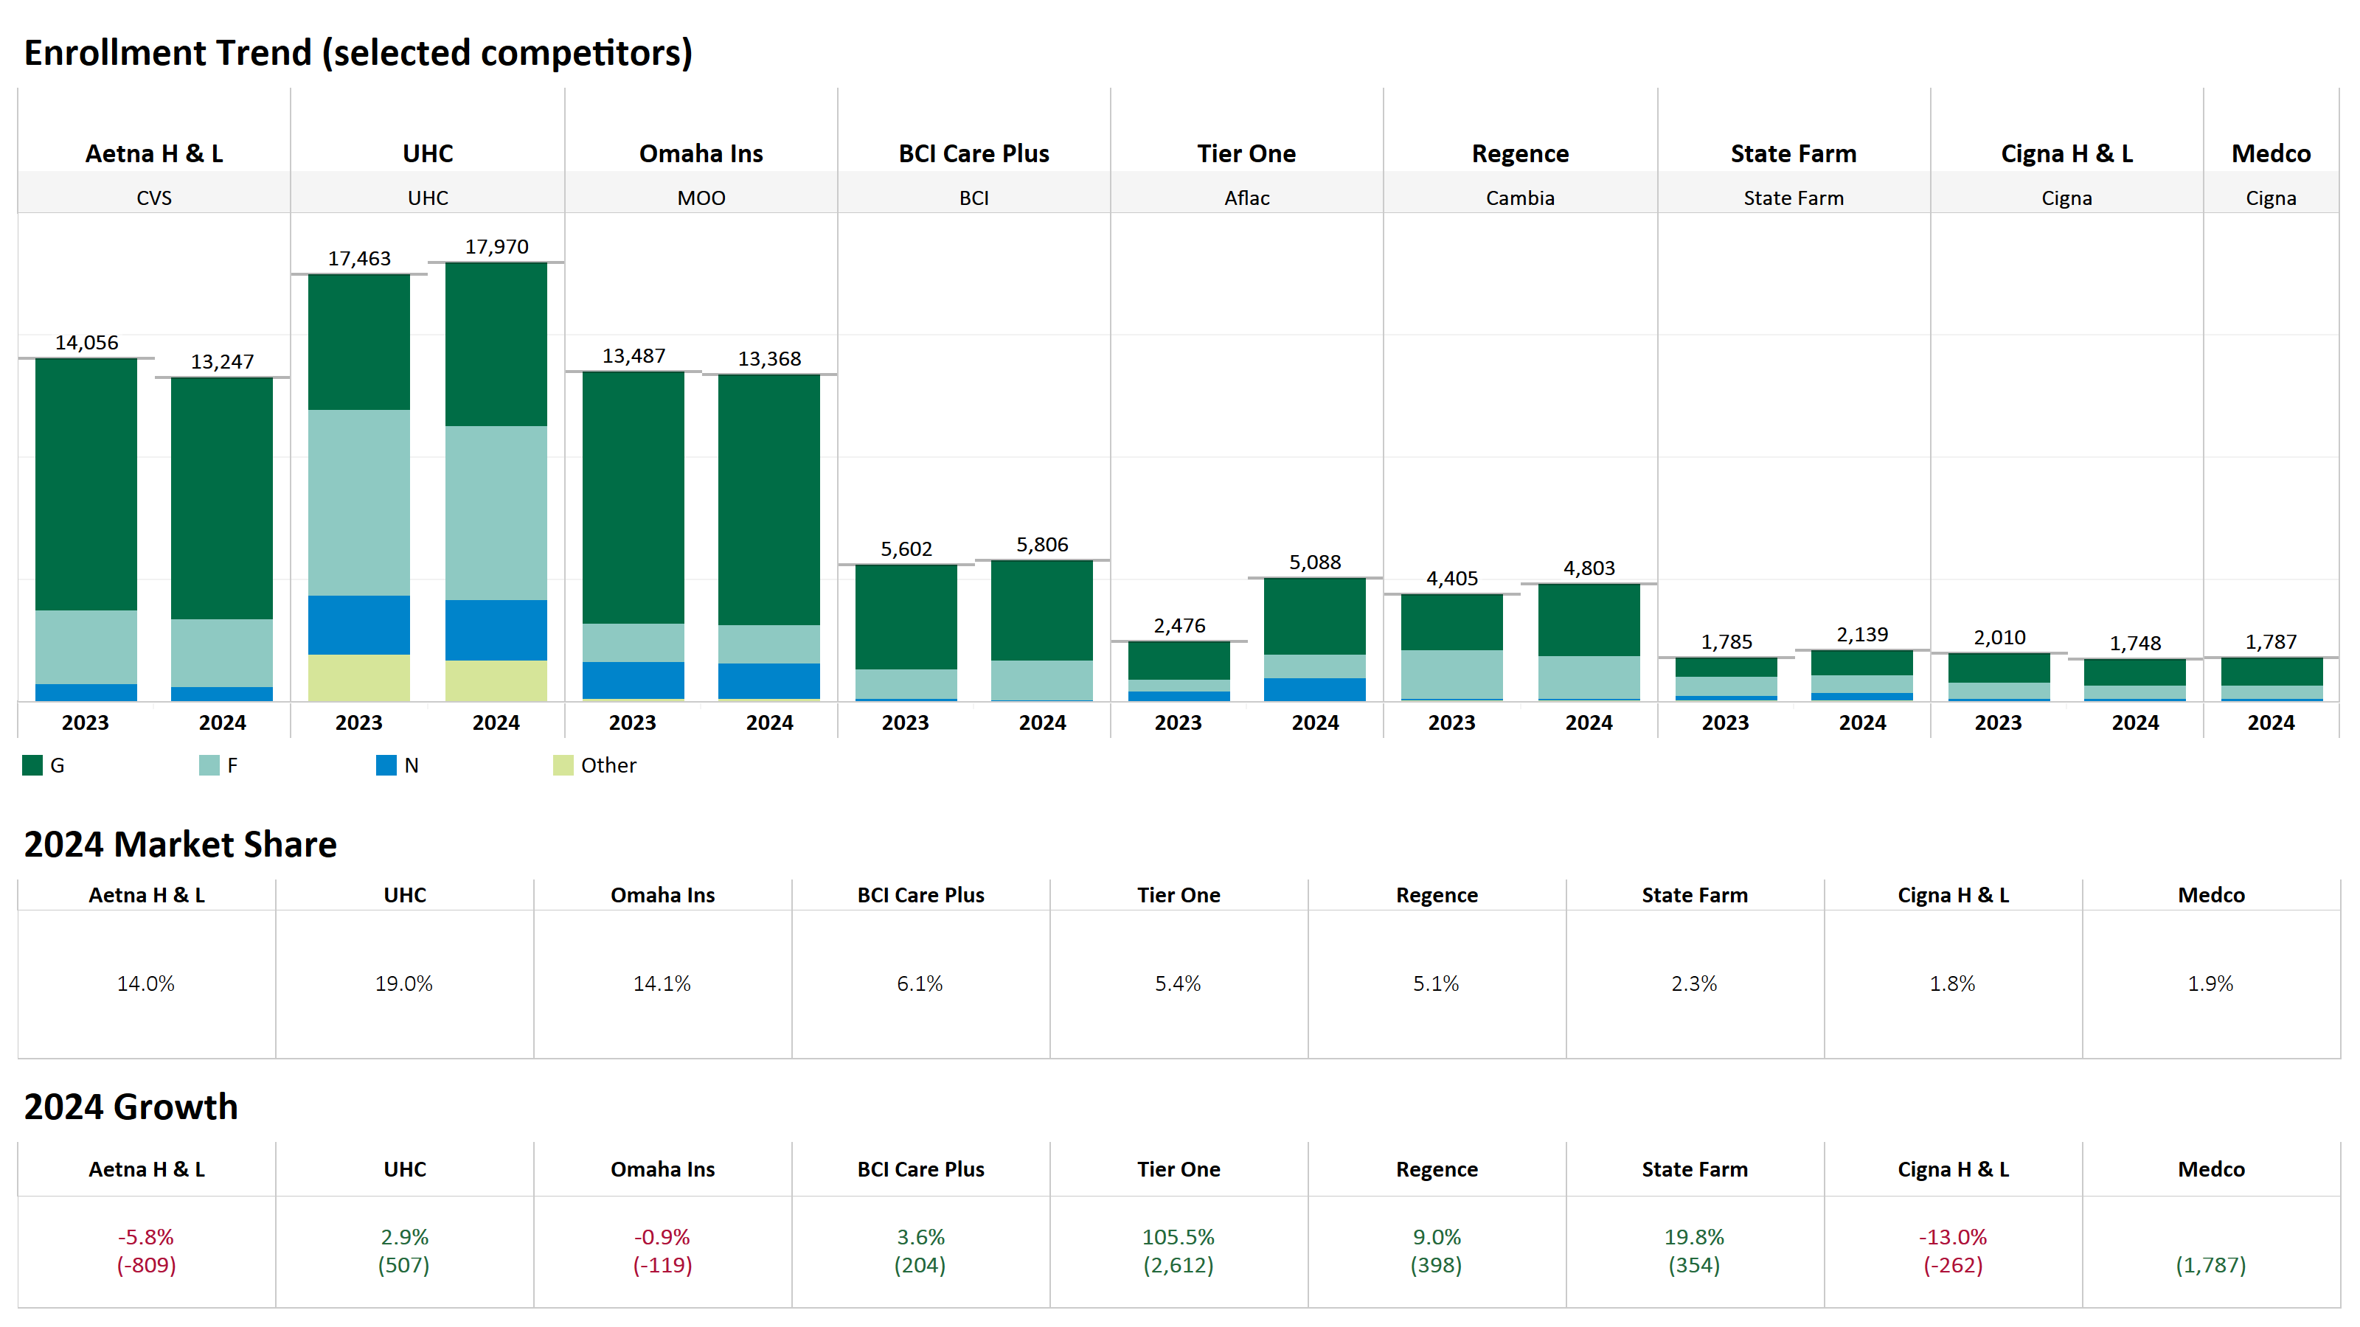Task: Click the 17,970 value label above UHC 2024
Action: [496, 246]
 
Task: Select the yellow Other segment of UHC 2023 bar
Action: [358, 678]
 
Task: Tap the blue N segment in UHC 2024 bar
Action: [496, 630]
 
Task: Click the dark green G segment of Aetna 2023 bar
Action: [86, 484]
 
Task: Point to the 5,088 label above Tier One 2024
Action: [1315, 563]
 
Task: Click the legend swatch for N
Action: [386, 766]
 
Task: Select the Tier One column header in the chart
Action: [1246, 154]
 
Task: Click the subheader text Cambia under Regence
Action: [1519, 198]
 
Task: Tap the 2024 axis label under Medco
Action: [2270, 722]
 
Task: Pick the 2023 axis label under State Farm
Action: [1725, 722]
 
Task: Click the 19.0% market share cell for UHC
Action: [403, 983]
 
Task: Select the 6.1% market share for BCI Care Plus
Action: [919, 983]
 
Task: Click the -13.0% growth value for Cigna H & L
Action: [1952, 1237]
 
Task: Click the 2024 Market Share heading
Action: [181, 844]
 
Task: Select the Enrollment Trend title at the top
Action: [357, 53]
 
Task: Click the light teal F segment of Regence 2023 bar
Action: [1451, 674]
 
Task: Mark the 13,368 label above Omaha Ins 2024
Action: [769, 359]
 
